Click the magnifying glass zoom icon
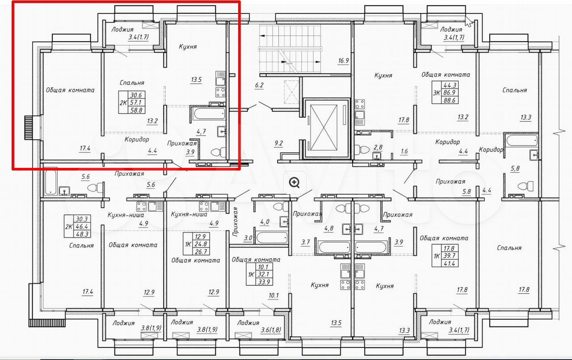pyautogui.click(x=294, y=183)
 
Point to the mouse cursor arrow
pyautogui.click(x=468, y=21)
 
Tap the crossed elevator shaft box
pyautogui.click(x=324, y=129)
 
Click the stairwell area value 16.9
pyautogui.click(x=344, y=61)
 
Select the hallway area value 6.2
pyautogui.click(x=259, y=85)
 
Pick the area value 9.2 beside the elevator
pyautogui.click(x=278, y=143)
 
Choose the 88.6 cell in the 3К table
pyautogui.click(x=450, y=100)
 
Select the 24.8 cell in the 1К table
pyautogui.click(x=201, y=244)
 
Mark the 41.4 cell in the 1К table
pyautogui.click(x=450, y=264)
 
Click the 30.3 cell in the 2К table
pyautogui.click(x=82, y=219)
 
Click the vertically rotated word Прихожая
pyautogui.click(x=235, y=222)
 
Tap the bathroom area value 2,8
pyautogui.click(x=378, y=147)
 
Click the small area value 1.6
pyautogui.click(x=404, y=151)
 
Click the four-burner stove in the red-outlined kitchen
pyautogui.click(x=220, y=92)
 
